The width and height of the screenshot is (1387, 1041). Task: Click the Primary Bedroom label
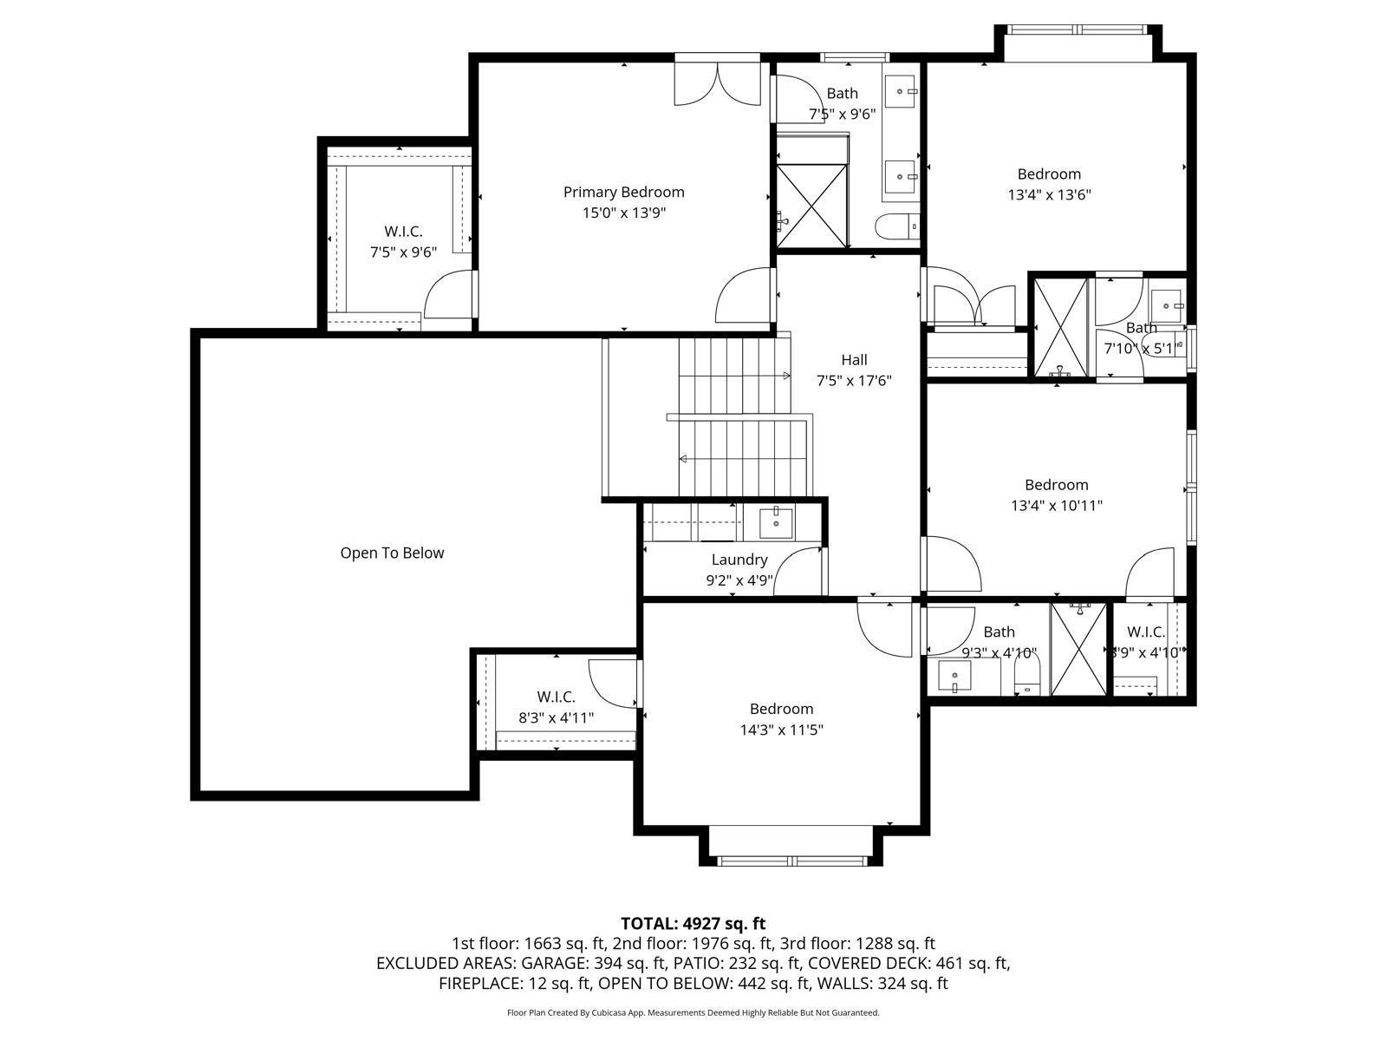click(x=623, y=192)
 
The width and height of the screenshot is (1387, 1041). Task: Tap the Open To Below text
click(x=392, y=553)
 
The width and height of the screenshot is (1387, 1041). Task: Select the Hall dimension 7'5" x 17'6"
click(x=854, y=380)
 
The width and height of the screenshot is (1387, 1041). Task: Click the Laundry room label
click(x=739, y=560)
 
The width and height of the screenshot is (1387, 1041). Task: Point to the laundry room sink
click(x=776, y=521)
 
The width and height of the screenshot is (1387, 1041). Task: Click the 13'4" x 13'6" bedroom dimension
click(x=1049, y=194)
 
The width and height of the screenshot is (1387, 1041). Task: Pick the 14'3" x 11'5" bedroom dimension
click(x=781, y=730)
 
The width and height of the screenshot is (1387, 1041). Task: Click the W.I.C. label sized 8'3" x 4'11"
click(x=556, y=697)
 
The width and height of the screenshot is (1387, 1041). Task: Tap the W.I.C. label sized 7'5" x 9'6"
click(x=403, y=232)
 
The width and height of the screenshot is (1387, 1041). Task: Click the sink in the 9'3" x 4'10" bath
click(x=954, y=674)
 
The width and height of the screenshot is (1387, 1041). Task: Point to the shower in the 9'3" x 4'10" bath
click(x=1079, y=649)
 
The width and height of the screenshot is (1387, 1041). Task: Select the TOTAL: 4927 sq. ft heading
click(x=693, y=923)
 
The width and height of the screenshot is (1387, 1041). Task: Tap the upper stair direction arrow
click(x=785, y=376)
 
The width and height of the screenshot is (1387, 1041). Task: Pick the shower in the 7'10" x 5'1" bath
click(x=1060, y=327)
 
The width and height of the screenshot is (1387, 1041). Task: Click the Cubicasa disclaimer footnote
click(x=693, y=1012)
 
